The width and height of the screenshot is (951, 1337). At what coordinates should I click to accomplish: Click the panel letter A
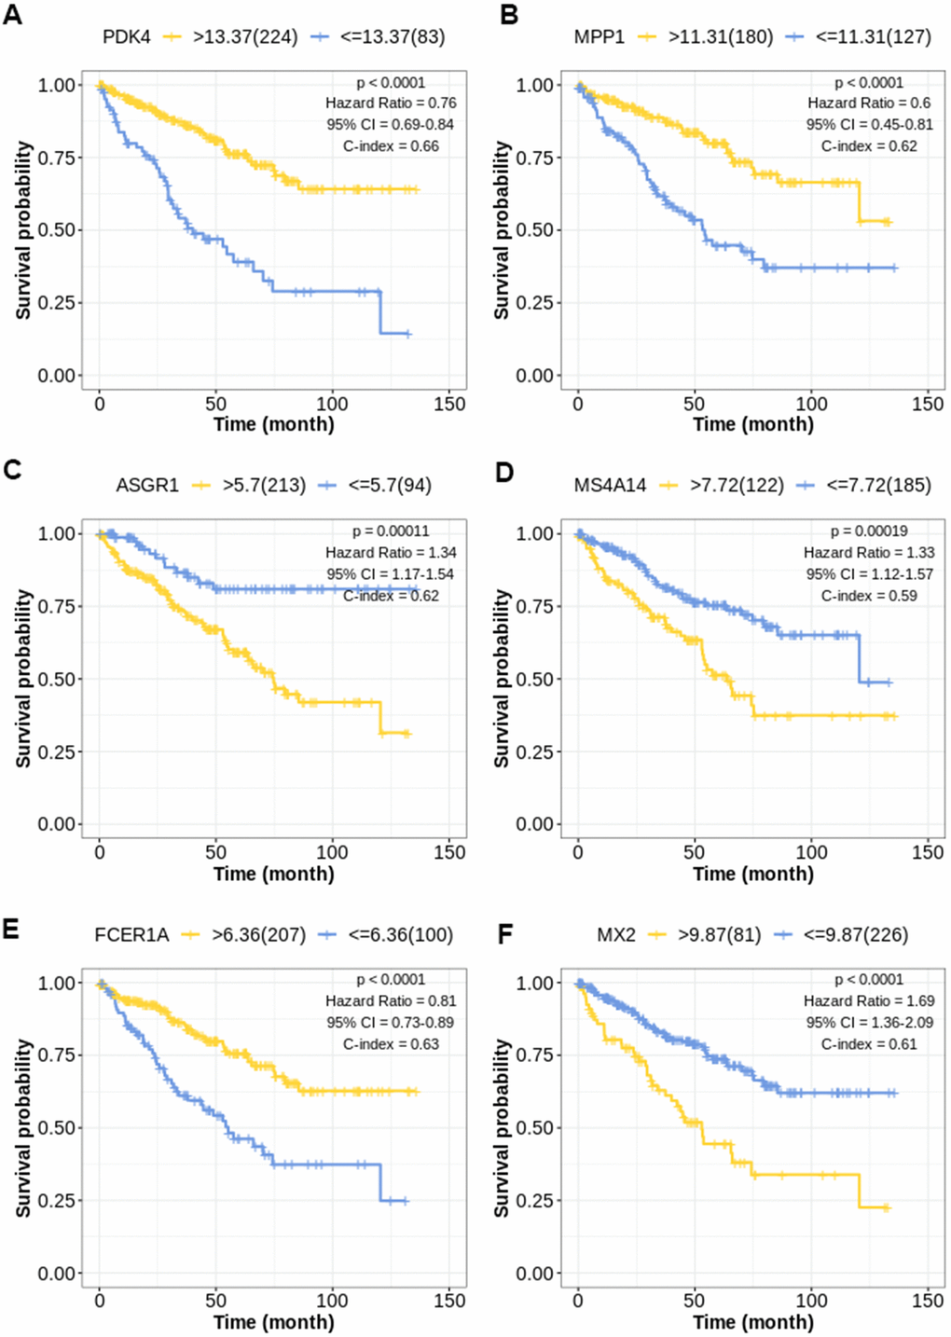click(12, 16)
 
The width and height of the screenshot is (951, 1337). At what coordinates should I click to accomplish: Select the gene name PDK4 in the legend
click(126, 37)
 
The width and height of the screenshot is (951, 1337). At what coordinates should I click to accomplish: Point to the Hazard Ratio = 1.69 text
click(869, 1000)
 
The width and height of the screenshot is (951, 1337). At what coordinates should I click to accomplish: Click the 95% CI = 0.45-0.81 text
click(870, 124)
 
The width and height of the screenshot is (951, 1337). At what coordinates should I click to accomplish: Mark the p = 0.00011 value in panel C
click(391, 531)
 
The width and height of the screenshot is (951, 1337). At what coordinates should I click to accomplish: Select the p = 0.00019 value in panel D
click(869, 531)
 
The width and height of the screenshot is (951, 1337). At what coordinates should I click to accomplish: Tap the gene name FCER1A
click(131, 934)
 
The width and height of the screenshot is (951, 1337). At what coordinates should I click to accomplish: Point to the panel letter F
click(504, 933)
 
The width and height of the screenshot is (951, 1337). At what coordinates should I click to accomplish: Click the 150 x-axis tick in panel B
click(928, 404)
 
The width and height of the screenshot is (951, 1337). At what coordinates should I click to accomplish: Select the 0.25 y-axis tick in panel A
click(57, 303)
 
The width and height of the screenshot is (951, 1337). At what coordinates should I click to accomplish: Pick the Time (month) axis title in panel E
click(273, 1321)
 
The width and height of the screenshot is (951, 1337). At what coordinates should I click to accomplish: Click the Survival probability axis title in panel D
click(503, 679)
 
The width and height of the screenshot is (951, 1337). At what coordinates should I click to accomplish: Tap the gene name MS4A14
click(610, 486)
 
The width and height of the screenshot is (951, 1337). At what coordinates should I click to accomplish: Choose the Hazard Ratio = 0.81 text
click(391, 1000)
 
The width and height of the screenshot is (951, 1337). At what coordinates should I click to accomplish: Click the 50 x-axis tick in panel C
click(215, 852)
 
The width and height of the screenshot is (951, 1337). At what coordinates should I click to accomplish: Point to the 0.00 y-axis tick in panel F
click(535, 1274)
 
